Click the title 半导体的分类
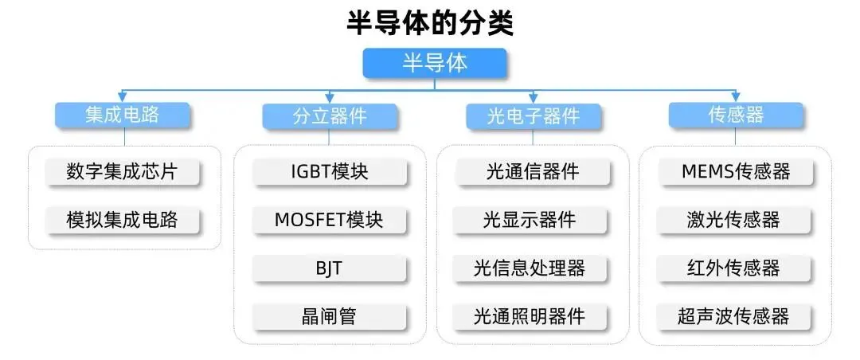point(430,22)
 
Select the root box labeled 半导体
point(435,64)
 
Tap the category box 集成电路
point(123,115)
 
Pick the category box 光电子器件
point(534,116)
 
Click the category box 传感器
point(736,115)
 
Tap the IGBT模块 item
point(330,171)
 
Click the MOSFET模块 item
point(330,220)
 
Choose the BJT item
point(330,268)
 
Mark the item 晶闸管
point(330,316)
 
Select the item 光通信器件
point(533,171)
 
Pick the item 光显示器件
point(533,220)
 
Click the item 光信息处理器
point(533,268)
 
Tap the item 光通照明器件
point(533,316)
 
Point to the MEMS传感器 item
point(736,171)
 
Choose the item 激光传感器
point(736,220)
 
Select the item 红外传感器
point(736,268)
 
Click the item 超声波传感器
point(736,316)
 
